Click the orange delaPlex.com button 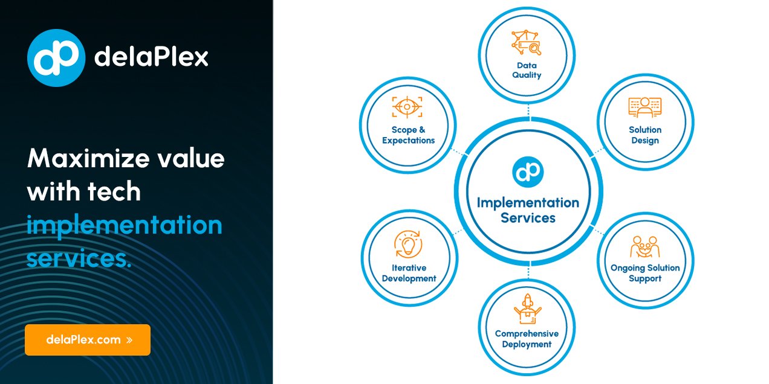tap(88, 340)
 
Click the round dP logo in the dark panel tap(56, 58)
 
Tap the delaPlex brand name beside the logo tap(151, 58)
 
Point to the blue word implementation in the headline tap(125, 226)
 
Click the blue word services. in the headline tap(79, 258)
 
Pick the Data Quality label tap(527, 70)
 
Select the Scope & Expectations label tap(408, 135)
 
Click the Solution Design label tap(645, 135)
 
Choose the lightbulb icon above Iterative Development tap(408, 245)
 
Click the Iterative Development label tap(409, 273)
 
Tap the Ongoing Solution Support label tap(645, 273)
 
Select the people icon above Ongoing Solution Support tap(645, 247)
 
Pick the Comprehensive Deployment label tap(527, 339)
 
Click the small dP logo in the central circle tap(528, 171)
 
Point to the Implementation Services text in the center tap(528, 210)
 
